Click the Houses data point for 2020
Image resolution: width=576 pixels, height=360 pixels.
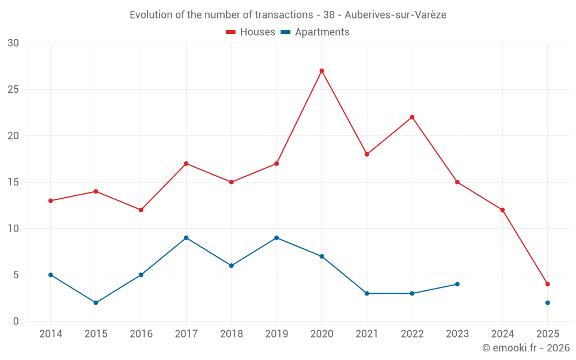(321, 71)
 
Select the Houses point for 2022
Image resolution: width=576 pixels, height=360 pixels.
(412, 118)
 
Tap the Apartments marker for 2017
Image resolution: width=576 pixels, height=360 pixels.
(186, 238)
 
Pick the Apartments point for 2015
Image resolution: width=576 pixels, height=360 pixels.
(96, 302)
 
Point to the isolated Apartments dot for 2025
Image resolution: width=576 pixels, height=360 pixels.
(547, 302)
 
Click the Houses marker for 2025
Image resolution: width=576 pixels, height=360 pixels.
(547, 284)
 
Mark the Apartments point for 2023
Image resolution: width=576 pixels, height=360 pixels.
(457, 284)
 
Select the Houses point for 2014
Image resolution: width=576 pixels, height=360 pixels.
(51, 200)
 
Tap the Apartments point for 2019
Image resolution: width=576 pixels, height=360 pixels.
(276, 238)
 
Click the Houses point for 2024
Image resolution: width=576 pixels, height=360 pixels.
(502, 210)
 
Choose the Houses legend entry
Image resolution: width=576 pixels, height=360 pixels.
(251, 32)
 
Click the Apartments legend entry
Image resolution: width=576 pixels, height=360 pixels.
(315, 32)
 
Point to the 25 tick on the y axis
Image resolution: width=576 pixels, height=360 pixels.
(13, 89)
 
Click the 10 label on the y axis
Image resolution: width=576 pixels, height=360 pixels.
(13, 229)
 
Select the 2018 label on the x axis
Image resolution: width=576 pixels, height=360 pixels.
(231, 334)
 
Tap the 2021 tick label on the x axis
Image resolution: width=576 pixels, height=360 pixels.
(366, 334)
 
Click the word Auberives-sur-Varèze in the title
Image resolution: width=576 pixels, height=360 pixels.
(399, 15)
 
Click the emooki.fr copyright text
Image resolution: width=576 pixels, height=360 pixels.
(525, 348)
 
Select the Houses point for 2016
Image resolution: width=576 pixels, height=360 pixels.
(141, 210)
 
